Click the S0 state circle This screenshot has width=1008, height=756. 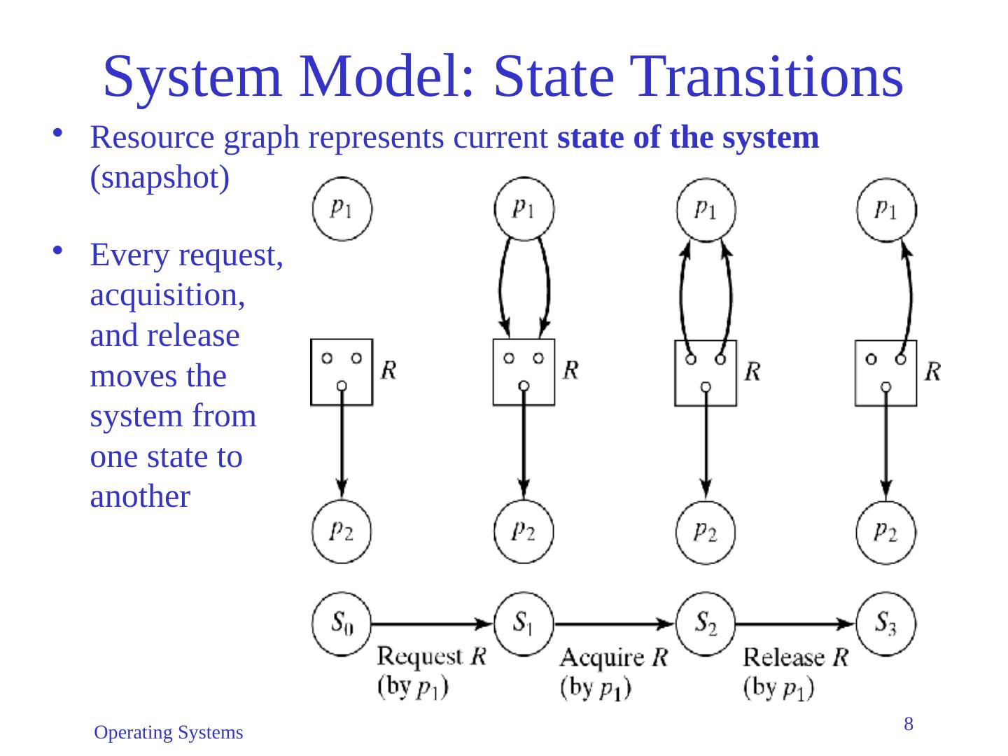click(342, 623)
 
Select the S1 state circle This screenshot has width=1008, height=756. click(524, 623)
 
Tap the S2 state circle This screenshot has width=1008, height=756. click(706, 623)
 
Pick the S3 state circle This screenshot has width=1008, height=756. click(886, 623)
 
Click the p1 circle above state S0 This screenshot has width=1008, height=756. click(342, 209)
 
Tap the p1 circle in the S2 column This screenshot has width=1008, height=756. click(706, 209)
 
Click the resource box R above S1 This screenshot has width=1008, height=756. click(524, 372)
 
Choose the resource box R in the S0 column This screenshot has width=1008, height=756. click(342, 372)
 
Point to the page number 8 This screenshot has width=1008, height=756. click(909, 724)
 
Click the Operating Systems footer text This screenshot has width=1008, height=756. click(169, 733)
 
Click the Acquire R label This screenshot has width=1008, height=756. click(614, 657)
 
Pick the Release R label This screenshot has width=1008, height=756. click(795, 657)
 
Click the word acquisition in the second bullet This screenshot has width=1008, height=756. click(167, 297)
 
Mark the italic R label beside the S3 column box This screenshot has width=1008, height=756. click(932, 371)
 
